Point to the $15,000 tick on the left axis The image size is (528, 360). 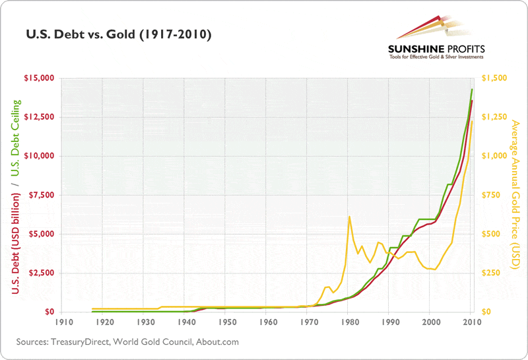[38, 79]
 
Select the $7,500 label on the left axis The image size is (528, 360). [40, 195]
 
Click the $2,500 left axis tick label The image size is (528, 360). [40, 273]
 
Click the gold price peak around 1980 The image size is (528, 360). [348, 217]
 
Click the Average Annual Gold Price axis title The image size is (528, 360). [516, 195]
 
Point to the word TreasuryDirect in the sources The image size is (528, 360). [78, 342]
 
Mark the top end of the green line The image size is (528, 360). [472, 89]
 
